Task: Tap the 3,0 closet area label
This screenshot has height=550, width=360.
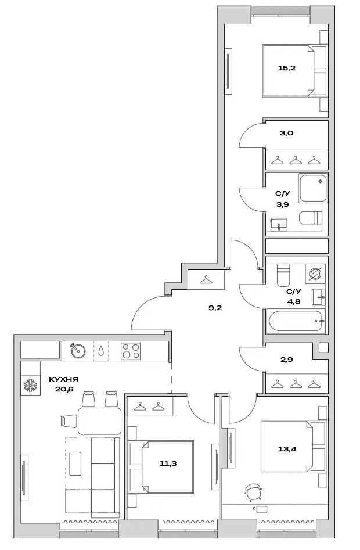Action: [x=286, y=133]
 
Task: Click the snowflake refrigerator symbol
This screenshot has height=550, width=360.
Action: [x=30, y=386]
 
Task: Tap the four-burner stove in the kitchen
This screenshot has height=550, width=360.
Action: [x=131, y=351]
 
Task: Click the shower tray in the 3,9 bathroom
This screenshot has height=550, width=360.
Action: [x=313, y=188]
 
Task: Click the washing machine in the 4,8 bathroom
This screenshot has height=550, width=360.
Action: [x=316, y=274]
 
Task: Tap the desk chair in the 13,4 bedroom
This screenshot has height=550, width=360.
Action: [x=253, y=490]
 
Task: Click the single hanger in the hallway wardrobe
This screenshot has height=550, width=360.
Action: [x=206, y=280]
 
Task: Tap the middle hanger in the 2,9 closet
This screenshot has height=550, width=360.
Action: [x=296, y=384]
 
